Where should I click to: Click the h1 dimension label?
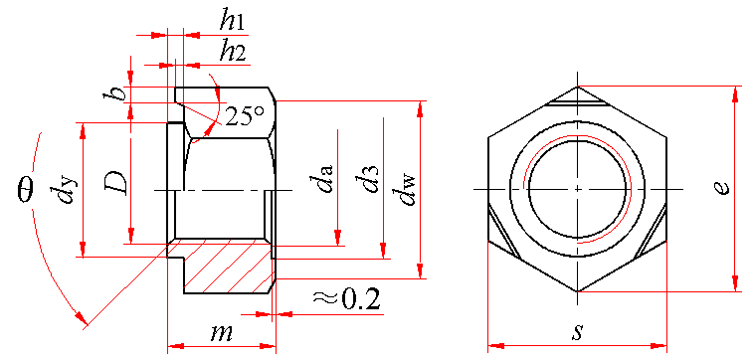pos(233,22)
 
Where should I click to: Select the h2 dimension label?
pos(233,52)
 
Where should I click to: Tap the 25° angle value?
pos(245,115)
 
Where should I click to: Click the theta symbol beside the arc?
pos(25,189)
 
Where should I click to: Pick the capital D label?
pos(116,184)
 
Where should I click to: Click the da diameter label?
pos(323,179)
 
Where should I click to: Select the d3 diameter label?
pos(369,179)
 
